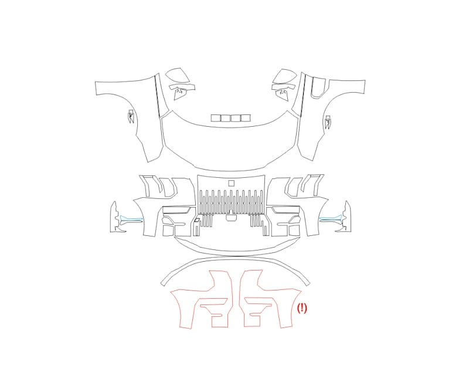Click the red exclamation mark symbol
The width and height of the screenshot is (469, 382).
tap(302, 308)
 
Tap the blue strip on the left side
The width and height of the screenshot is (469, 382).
tap(131, 219)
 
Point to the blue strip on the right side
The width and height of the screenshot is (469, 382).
tap(331, 218)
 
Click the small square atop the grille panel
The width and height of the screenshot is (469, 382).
tap(232, 183)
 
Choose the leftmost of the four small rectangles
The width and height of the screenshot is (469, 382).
tap(215, 118)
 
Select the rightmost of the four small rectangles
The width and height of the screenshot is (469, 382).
tap(246, 118)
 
